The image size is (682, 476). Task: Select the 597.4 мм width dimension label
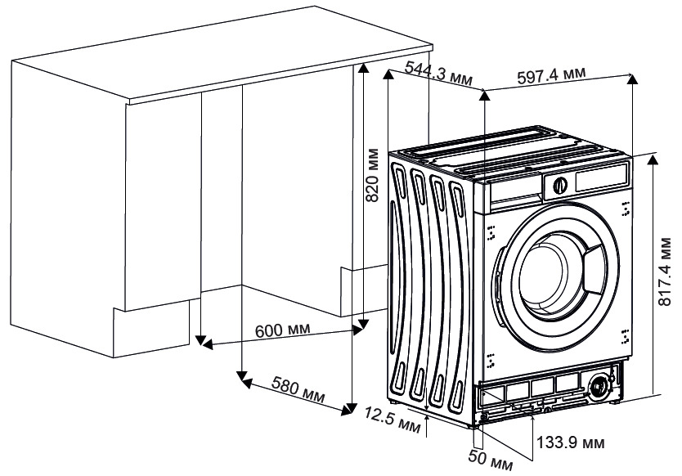tap(551, 75)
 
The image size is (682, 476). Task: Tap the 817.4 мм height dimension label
tap(665, 272)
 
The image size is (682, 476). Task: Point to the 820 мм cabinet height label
tap(372, 175)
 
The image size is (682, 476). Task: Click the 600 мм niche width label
tap(283, 330)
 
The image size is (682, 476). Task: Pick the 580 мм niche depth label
tap(298, 388)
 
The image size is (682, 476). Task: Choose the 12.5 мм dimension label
tap(393, 420)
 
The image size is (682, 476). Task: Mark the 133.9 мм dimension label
tap(571, 442)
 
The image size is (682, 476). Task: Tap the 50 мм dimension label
tap(490, 460)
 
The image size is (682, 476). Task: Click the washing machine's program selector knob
tap(560, 186)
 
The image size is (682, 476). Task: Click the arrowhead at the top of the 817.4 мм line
tap(652, 160)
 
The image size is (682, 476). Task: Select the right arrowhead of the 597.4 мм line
tap(632, 79)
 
